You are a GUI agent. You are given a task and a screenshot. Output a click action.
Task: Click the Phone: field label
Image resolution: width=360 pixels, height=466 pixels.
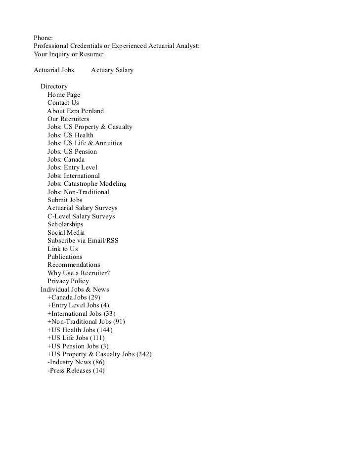pos(43,38)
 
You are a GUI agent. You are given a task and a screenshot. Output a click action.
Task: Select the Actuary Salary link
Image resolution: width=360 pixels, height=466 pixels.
pos(112,70)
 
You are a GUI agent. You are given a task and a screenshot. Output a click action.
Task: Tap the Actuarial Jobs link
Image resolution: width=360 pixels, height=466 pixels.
pos(54,70)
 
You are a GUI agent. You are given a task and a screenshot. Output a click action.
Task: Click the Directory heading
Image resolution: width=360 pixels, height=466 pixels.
pos(54,86)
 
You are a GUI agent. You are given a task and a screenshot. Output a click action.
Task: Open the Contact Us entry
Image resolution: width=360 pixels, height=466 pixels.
pos(63,103)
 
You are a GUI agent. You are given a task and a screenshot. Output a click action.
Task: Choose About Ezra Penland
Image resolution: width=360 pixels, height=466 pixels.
pos(75,111)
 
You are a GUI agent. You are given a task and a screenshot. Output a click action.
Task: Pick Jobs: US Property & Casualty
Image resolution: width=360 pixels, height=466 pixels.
pos(90,127)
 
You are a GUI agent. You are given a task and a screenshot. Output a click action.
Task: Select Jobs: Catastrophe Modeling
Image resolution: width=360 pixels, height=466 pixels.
pos(87,184)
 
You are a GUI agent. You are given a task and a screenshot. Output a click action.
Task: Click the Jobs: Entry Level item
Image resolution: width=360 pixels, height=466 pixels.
pos(72,168)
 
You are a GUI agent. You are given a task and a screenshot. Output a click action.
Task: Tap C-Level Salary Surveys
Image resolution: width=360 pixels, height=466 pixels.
pos(81,216)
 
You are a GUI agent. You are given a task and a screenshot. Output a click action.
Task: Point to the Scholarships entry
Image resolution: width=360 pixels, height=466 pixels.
pos(65,224)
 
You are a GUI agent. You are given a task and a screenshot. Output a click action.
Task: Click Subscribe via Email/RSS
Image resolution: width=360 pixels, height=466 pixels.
pos(83,241)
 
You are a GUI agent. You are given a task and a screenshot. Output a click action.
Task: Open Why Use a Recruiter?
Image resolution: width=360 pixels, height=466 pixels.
pos(78,273)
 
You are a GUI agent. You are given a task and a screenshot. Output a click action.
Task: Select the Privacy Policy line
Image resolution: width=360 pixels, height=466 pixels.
pos(68,281)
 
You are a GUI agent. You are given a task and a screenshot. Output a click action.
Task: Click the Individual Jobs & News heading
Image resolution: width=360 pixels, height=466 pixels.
pos(75,289)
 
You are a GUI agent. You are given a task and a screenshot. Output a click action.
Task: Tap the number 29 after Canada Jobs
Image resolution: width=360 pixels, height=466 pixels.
pos(94,297)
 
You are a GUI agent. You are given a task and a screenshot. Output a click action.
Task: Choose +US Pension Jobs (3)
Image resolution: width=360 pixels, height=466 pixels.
pos(78,346)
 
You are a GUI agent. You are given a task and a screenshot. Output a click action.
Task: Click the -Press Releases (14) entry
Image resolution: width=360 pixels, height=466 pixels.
pos(76,371)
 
